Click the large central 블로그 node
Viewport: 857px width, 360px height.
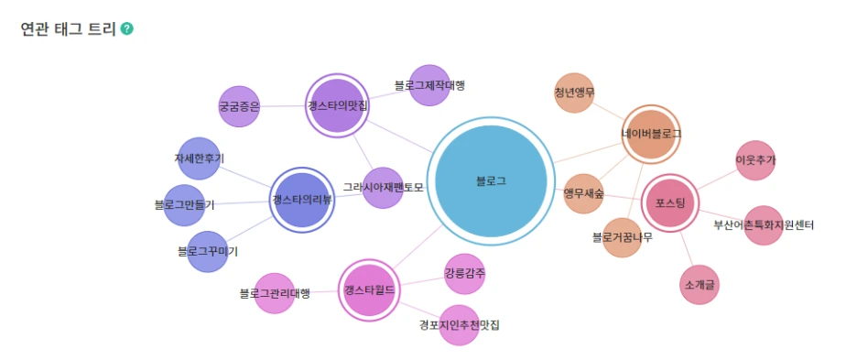coord(491,181)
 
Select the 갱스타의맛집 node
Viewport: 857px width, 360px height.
coord(338,106)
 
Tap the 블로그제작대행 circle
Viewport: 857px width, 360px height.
coord(428,85)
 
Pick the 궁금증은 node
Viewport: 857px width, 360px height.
coord(239,106)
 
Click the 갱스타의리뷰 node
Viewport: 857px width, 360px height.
coord(302,200)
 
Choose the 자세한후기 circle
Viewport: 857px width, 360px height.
coord(199,158)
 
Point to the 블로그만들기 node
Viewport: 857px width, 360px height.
coord(184,205)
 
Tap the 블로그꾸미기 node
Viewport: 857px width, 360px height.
coord(207,251)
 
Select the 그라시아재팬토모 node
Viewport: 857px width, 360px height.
coord(383,187)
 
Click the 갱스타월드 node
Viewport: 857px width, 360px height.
coord(369,290)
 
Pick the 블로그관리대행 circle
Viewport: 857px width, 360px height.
coord(274,293)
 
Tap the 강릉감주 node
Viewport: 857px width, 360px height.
coord(464,274)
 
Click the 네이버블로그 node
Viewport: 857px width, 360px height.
coord(651,134)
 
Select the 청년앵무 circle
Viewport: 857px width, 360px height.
coord(574,93)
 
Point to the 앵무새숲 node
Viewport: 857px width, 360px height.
coord(583,193)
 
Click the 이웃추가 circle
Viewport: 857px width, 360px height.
coord(755,160)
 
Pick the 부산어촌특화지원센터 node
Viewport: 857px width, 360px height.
coord(763,225)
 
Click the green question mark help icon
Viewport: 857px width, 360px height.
coord(126,29)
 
